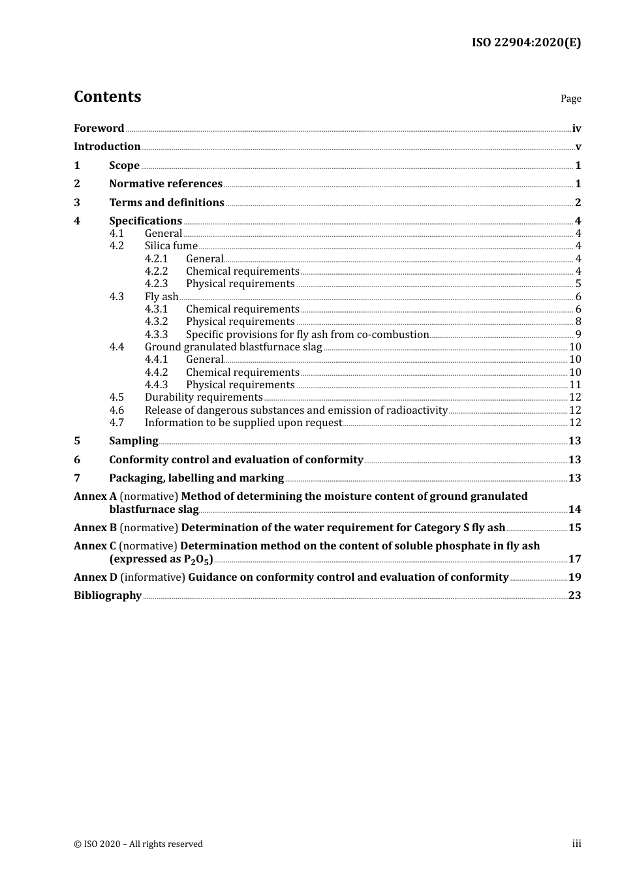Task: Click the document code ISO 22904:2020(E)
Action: click(x=526, y=42)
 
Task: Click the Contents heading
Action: click(x=107, y=97)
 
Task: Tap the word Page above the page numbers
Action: click(x=570, y=99)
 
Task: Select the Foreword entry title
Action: click(x=99, y=129)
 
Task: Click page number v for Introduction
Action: click(x=578, y=147)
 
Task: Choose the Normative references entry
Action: click(x=166, y=184)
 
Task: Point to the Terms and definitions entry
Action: click(x=166, y=203)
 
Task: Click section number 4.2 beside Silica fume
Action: click(x=116, y=246)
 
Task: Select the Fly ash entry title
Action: click(x=161, y=297)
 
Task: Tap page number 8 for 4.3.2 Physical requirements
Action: click(x=578, y=322)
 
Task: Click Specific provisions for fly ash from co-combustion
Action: click(x=307, y=335)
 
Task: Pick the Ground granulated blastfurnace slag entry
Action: click(x=233, y=347)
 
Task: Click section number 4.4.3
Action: click(x=156, y=385)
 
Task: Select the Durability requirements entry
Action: click(x=204, y=397)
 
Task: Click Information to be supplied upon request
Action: click(x=243, y=423)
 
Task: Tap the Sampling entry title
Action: click(x=133, y=441)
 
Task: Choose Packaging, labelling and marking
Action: click(x=196, y=478)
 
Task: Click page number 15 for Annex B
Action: click(x=574, y=528)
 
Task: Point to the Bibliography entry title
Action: click(x=108, y=596)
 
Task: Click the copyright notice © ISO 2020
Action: click(x=138, y=844)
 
